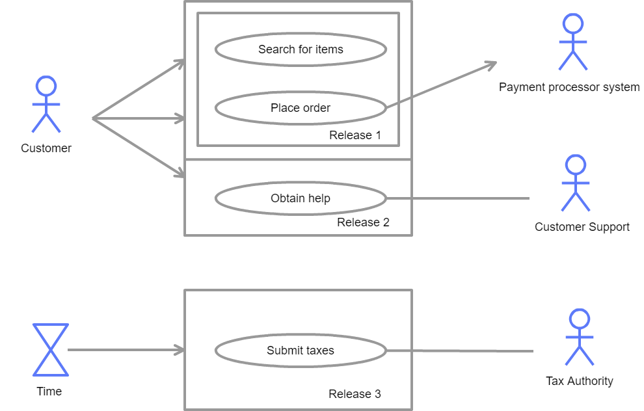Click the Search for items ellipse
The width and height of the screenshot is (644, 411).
(301, 50)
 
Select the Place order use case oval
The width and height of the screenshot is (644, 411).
(301, 108)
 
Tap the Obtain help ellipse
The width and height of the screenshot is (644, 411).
(301, 198)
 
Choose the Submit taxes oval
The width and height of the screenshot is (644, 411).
(301, 351)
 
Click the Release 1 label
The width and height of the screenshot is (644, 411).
(355, 135)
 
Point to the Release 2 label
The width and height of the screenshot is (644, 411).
(363, 222)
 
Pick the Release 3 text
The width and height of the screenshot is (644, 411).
(355, 394)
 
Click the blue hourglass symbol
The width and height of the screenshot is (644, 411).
(51, 350)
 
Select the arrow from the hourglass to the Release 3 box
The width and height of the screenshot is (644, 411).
(124, 350)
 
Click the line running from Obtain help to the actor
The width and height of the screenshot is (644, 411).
(458, 198)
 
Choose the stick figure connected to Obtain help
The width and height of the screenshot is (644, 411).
(576, 183)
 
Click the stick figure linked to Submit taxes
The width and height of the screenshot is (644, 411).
(579, 337)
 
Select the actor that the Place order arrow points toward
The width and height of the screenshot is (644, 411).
(573, 42)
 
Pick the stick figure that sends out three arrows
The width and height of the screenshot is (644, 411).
(46, 105)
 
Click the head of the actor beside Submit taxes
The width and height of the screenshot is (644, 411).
(579, 319)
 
